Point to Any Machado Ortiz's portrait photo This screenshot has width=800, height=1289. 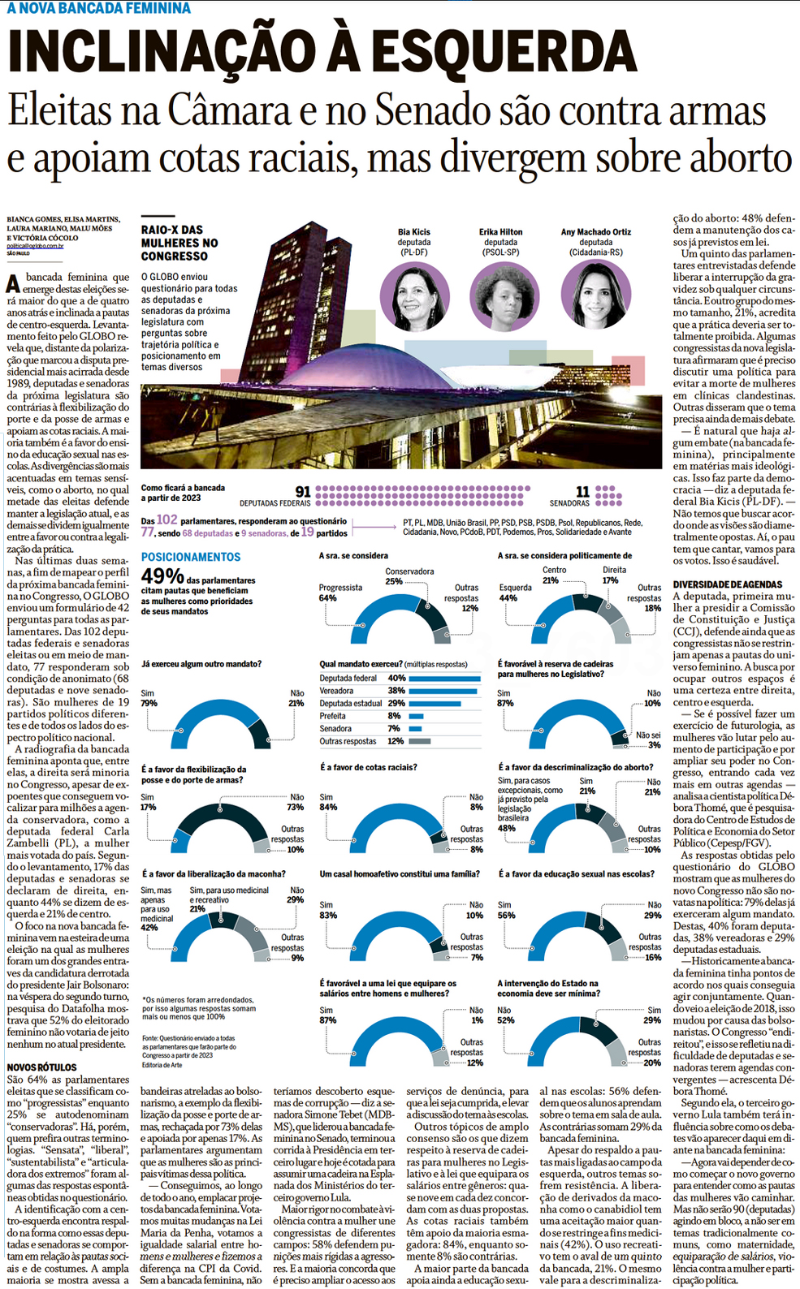pos(595,295)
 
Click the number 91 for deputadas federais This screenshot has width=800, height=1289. pos(302,492)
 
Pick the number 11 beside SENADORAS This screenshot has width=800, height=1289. pos(582,492)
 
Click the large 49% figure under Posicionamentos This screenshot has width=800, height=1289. pos(162,576)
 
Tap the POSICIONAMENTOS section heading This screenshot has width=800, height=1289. pos(191,557)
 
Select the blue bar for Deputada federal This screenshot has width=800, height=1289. pos(444,679)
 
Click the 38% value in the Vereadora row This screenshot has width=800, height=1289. pos(396,691)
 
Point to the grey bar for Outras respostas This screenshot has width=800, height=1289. pos(420,741)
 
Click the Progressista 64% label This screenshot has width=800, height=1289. pos(339,593)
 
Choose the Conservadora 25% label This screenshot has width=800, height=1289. pos(409,576)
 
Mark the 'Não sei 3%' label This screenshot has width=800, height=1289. pos(648,739)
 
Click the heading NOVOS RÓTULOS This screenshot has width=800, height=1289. pos(41,1067)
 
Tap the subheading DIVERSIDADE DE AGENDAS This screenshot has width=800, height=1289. pos(727,584)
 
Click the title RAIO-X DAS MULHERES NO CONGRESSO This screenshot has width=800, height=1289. pos(179,243)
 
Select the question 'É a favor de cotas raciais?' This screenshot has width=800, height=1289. pos(368,767)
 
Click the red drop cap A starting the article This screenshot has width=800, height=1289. pos(13,283)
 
